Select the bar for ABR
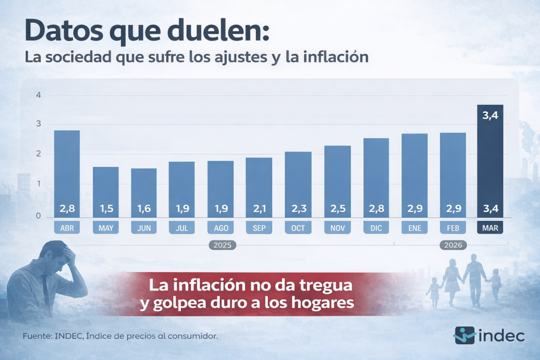click(x=67, y=174)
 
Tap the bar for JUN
click(x=144, y=192)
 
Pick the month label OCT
click(x=298, y=228)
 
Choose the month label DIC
click(x=376, y=228)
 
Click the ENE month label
click(x=414, y=228)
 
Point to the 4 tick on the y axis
click(x=38, y=95)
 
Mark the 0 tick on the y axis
click(x=38, y=216)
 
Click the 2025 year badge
click(x=222, y=245)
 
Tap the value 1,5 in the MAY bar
click(x=106, y=208)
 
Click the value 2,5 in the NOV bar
click(x=337, y=208)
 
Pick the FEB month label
click(x=453, y=228)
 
